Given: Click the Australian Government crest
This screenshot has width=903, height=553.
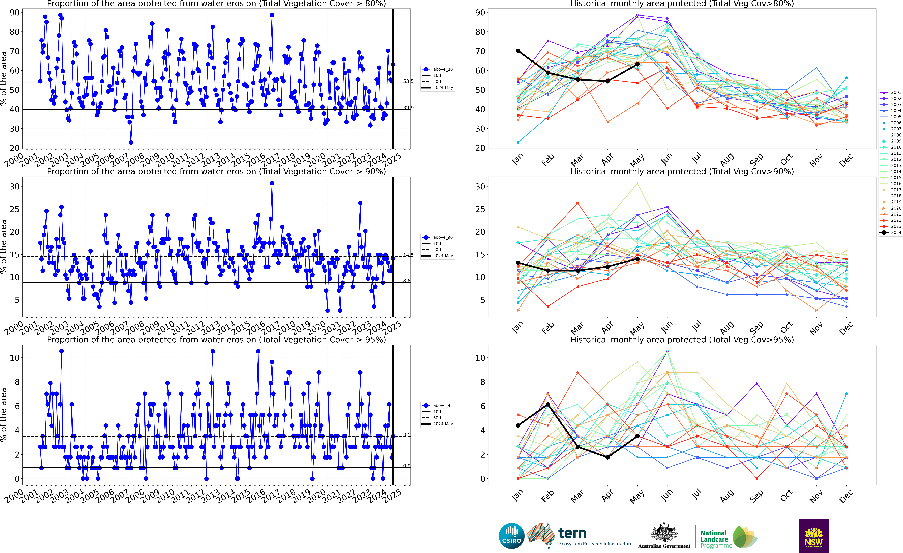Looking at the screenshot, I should point(664,533).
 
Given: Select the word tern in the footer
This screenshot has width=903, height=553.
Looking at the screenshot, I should point(572,533).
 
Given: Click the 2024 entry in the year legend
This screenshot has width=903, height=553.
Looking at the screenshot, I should point(894,233).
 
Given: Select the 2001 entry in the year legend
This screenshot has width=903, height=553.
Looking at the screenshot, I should point(894,92).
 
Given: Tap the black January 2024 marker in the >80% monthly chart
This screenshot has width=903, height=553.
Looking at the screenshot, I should point(518,51).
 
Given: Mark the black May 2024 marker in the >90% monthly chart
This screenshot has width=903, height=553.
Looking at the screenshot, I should point(637,259).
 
